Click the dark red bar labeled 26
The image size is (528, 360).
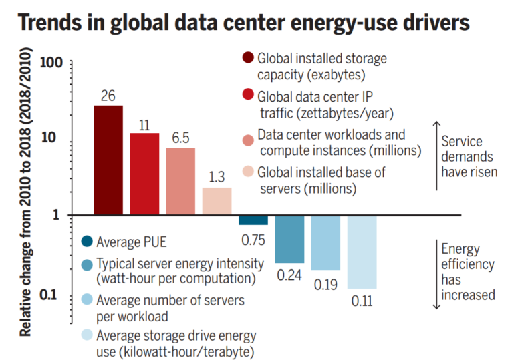coord(108,160)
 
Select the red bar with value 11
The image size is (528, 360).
coord(144,174)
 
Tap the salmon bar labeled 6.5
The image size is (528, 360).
coord(180,182)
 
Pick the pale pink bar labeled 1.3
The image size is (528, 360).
coord(217,202)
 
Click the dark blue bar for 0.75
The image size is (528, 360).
coord(253,220)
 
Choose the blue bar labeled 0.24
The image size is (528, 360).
coord(289,239)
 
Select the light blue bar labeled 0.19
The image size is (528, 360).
coord(325,242)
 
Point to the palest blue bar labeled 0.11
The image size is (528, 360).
coord(362,252)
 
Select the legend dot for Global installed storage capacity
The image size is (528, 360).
coord(247,58)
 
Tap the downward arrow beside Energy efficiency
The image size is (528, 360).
coord(436,274)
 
